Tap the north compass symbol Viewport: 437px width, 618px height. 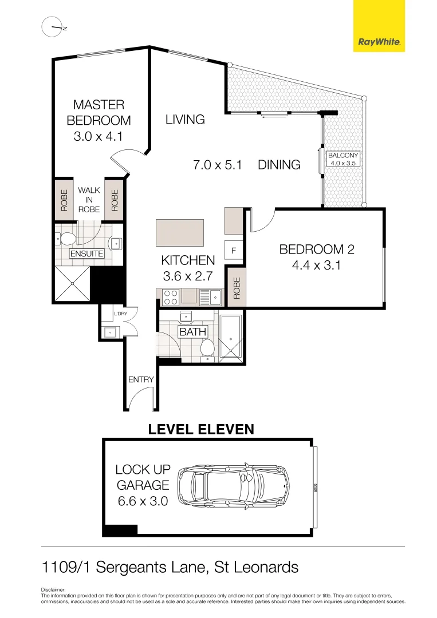(x=52, y=27)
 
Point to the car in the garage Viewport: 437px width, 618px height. (x=233, y=485)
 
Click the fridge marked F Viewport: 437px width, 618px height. (x=234, y=250)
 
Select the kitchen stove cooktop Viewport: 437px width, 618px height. (x=170, y=296)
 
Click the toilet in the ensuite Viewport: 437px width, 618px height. (x=68, y=239)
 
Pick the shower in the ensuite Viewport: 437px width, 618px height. (x=72, y=283)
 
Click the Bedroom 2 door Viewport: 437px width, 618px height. (x=262, y=220)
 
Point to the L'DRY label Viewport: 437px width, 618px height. (x=120, y=314)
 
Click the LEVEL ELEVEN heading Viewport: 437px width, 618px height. (x=201, y=429)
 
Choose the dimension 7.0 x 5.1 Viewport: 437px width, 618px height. (x=218, y=165)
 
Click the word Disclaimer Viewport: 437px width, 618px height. (x=54, y=589)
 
